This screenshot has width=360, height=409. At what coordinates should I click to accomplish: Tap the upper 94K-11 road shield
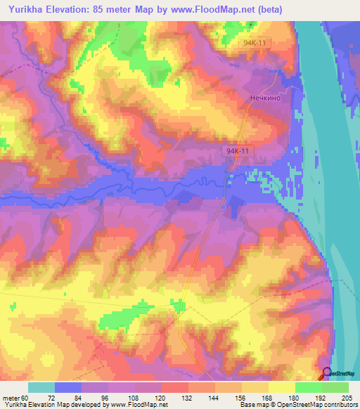tap(252, 43)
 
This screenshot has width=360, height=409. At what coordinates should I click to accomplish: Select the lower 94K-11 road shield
tap(239, 151)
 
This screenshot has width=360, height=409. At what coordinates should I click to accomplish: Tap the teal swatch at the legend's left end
tap(41, 387)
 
